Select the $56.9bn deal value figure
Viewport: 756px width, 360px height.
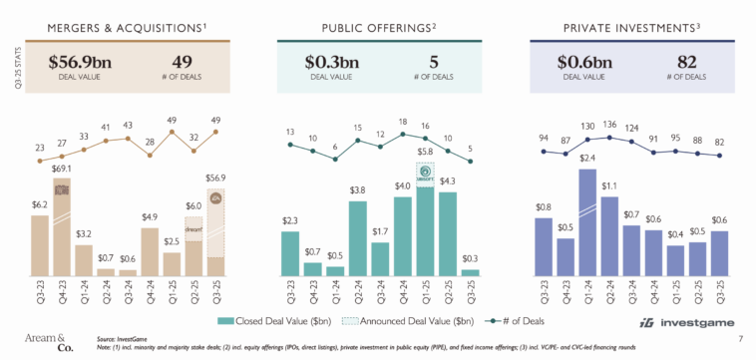pos(81,63)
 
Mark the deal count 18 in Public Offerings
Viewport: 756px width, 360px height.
pos(402,122)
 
